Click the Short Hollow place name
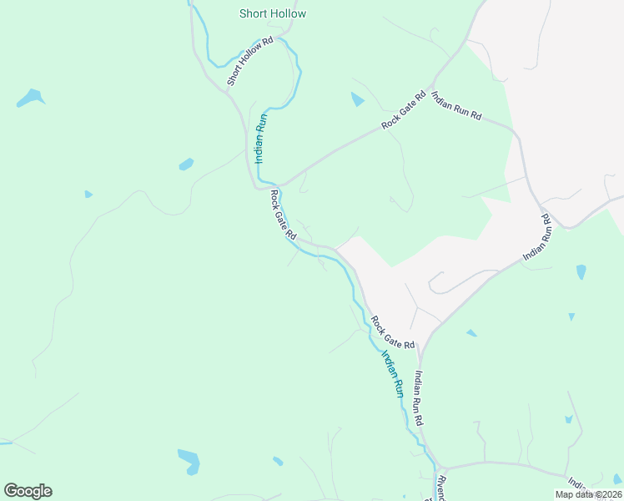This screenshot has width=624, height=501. [x=273, y=13]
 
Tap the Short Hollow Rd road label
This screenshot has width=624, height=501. [x=250, y=62]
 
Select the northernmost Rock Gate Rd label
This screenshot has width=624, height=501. [x=404, y=109]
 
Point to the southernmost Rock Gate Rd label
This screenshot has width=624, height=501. [x=393, y=332]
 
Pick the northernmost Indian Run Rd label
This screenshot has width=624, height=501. [x=457, y=104]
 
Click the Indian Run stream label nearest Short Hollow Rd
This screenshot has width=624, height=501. [x=261, y=138]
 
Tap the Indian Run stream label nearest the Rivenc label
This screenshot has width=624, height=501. [x=392, y=373]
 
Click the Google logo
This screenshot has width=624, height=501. [x=28, y=491]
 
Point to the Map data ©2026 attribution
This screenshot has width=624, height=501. [x=588, y=494]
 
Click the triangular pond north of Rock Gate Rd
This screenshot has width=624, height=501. [x=358, y=99]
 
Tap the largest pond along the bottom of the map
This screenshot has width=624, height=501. [x=189, y=460]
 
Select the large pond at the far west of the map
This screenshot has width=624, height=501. [x=30, y=98]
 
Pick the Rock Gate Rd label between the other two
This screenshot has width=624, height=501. [x=283, y=215]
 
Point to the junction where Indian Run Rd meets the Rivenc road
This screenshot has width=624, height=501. [x=443, y=468]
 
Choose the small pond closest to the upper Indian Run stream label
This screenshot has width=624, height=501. [x=186, y=164]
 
